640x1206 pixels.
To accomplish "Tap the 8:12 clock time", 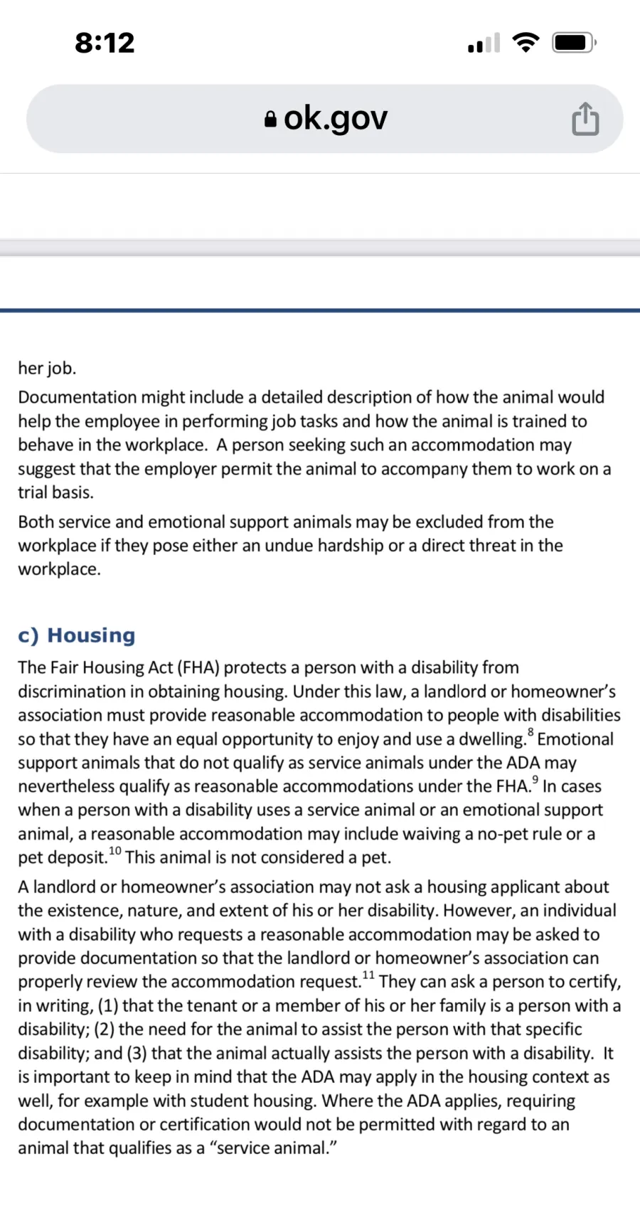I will pyautogui.click(x=105, y=43).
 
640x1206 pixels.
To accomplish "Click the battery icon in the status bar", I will pyautogui.click(x=574, y=43).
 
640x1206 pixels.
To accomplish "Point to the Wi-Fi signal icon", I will pyautogui.click(x=526, y=43).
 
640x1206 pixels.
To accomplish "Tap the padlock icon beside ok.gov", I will pyautogui.click(x=270, y=119).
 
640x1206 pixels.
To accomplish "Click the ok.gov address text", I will pyautogui.click(x=336, y=118).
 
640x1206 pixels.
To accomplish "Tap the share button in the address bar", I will pyautogui.click(x=585, y=119).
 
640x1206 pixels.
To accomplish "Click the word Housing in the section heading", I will pyautogui.click(x=91, y=635).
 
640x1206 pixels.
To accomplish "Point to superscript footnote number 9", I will pyautogui.click(x=535, y=780).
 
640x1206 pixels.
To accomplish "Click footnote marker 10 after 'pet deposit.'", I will pyautogui.click(x=114, y=851).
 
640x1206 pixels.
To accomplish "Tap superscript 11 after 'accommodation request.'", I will pyautogui.click(x=368, y=975).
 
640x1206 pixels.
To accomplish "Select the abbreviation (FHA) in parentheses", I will pyautogui.click(x=198, y=668).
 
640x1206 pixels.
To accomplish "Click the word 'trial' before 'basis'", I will pyautogui.click(x=33, y=492).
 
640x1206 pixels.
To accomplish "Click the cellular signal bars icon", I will pyautogui.click(x=484, y=44).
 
